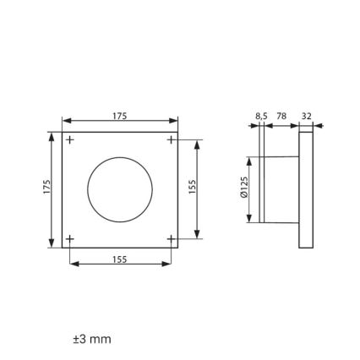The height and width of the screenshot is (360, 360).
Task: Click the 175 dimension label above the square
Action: point(120,116)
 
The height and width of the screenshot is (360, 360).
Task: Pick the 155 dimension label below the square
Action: point(120,259)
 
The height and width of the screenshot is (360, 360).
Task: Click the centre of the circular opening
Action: point(120,189)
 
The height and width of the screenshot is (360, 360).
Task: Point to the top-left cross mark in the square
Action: point(70,139)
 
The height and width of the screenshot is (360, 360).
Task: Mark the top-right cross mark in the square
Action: point(170,139)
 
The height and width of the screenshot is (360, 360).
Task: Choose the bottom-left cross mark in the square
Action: point(70,239)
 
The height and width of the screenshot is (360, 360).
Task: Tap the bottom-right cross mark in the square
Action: point(170,239)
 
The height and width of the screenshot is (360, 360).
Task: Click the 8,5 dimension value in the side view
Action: point(260,116)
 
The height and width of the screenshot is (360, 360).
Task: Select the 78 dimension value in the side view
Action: point(281,116)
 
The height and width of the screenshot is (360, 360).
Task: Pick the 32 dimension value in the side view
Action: point(306,116)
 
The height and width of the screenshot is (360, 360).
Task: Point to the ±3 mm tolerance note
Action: point(92,339)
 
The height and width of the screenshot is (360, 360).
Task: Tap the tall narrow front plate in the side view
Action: point(306,189)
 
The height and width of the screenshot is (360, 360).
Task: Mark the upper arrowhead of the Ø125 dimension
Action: point(250,160)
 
